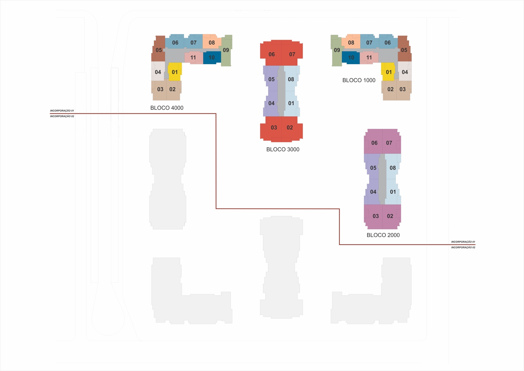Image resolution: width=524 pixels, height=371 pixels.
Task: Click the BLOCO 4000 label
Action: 167,108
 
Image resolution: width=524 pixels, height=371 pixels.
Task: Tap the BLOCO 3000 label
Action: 283,149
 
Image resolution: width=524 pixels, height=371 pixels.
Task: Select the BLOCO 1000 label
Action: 359,80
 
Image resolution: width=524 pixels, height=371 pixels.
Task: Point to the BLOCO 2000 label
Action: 383,235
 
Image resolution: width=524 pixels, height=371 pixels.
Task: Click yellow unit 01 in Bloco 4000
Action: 175,72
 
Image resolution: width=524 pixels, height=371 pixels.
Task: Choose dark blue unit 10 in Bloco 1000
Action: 351,58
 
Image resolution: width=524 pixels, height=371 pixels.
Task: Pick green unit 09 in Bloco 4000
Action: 226,50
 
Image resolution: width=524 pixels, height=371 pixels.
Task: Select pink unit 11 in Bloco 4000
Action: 194,58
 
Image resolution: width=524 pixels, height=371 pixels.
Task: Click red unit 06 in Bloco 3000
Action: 271,54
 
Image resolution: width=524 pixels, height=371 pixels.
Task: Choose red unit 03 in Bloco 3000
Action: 271,129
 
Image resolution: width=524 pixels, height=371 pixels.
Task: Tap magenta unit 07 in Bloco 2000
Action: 392,142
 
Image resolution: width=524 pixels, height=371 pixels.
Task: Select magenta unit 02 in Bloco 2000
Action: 392,217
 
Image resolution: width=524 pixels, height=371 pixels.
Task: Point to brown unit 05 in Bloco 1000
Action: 404,49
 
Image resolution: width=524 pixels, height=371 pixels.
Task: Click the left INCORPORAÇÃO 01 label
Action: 62,111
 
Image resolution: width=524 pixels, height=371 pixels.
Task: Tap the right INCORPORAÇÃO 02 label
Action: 463,247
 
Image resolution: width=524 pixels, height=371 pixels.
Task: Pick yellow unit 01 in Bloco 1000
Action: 388,72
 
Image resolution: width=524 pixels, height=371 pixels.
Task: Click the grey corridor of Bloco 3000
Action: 281,91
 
